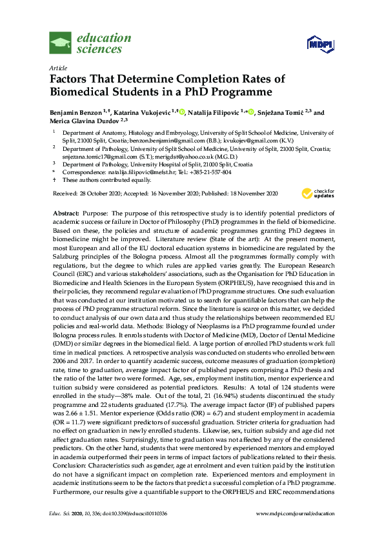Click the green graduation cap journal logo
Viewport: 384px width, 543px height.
point(62,44)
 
